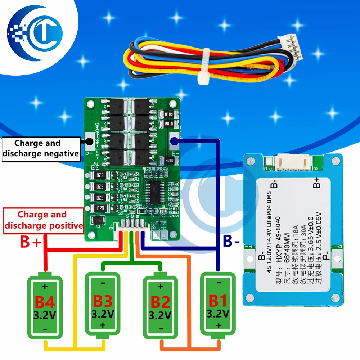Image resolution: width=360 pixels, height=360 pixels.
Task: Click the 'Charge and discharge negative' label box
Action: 40,148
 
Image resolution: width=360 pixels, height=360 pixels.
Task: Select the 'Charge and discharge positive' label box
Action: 42,220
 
